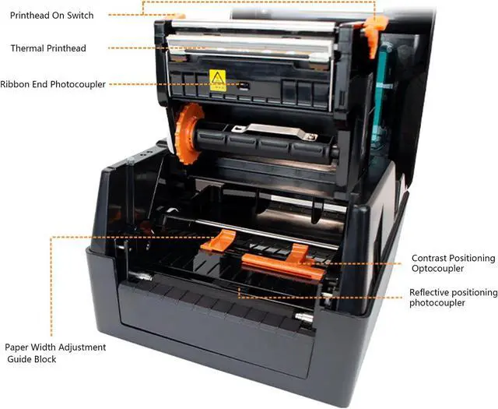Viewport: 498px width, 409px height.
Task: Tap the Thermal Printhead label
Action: pos(48,48)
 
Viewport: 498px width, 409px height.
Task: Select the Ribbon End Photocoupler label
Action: pos(53,84)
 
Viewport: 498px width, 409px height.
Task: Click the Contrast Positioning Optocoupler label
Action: pos(452,263)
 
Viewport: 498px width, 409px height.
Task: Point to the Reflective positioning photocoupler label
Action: pos(453,298)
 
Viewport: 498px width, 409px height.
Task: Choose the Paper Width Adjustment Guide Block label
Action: pos(55,353)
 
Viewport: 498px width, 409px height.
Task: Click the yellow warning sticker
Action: pos(217,79)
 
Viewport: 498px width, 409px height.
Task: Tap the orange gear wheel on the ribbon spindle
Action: pos(187,134)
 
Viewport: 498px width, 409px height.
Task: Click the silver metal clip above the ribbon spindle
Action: pos(268,131)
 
